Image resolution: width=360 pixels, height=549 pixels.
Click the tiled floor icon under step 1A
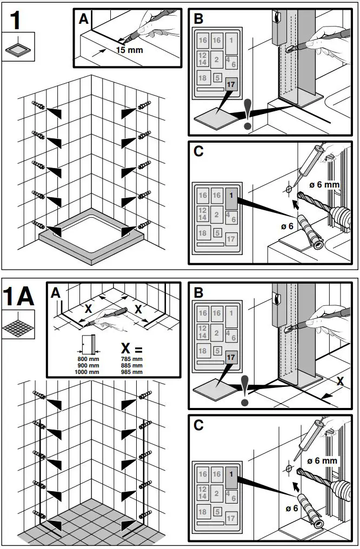tap(18, 325)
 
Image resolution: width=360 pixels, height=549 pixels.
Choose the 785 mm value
tap(132, 359)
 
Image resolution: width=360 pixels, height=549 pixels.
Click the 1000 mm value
tap(87, 372)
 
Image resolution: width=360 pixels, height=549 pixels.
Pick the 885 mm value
tap(132, 365)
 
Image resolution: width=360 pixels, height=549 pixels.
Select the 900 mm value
tap(87, 365)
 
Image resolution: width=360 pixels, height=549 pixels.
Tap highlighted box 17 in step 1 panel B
tap(231, 84)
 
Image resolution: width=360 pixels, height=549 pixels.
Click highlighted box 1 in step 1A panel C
tap(231, 474)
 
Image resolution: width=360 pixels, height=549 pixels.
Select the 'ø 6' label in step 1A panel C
tap(292, 508)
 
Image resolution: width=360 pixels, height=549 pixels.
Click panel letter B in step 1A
tap(198, 292)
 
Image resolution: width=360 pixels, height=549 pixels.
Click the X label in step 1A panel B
tap(339, 381)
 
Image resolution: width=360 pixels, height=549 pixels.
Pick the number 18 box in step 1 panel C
tap(203, 233)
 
